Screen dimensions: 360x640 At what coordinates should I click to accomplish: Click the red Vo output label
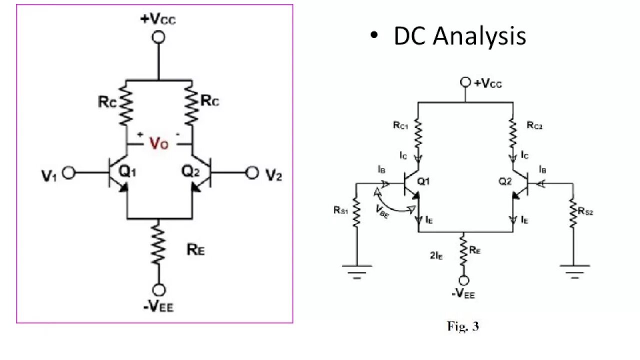point(159,144)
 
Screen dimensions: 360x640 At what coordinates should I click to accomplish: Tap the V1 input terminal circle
point(68,172)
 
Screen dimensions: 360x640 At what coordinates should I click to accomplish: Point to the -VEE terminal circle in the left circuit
point(159,290)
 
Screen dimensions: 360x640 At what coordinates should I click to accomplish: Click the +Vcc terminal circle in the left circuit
point(159,36)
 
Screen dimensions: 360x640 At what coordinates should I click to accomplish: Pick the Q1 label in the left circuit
point(127,171)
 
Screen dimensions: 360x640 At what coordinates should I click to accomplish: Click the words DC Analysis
point(459,36)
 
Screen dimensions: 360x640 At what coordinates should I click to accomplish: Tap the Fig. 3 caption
point(462,326)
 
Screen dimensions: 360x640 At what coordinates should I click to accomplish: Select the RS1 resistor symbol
point(356,212)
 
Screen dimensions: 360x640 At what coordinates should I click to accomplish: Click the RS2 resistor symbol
point(572,212)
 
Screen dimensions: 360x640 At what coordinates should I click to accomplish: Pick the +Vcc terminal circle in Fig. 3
point(465,82)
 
